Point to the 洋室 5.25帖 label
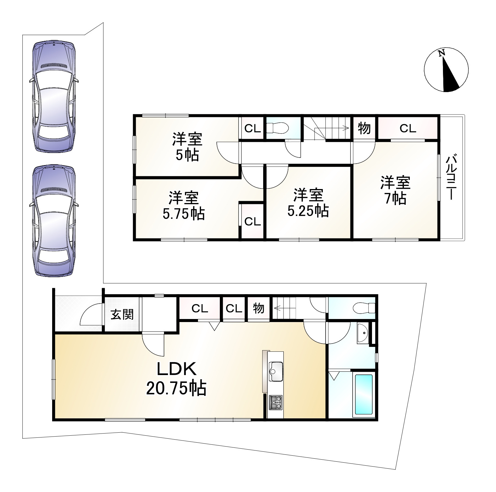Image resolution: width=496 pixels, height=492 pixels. (308, 203)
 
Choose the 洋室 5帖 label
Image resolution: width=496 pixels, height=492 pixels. (187, 147)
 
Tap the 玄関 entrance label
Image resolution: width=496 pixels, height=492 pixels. (122, 315)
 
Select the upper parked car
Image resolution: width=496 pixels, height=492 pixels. (53, 96)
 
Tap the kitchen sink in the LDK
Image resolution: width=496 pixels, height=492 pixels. (276, 371)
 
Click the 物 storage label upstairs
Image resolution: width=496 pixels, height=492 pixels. (364, 128)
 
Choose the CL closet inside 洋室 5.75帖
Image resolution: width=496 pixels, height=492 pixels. (252, 221)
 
